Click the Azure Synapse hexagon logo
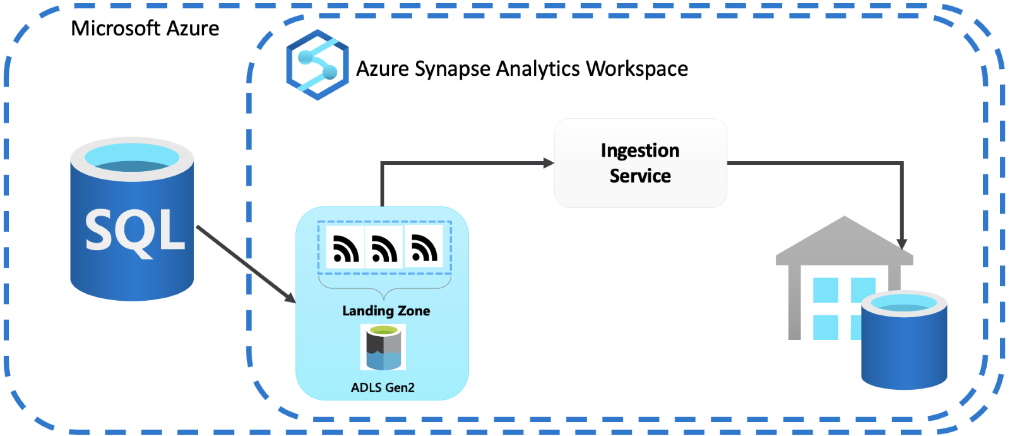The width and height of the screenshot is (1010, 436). pos(317,65)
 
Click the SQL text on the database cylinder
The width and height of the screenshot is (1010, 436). pos(134,231)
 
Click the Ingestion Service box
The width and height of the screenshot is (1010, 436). pos(640,163)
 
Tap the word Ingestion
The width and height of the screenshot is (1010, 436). pos(640,150)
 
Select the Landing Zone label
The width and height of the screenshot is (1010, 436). pos(386,311)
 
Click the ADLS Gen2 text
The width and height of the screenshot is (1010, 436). pos(383,387)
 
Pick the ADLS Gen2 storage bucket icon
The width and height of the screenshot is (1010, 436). pos(383,348)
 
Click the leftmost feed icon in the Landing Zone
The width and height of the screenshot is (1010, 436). pos(345,248)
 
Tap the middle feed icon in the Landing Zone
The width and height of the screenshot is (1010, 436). pos(384,248)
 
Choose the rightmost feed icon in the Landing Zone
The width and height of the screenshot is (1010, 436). pos(424,248)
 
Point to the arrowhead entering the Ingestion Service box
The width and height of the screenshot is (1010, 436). pos(549,163)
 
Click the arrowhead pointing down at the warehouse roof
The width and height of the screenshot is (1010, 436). pos(902,244)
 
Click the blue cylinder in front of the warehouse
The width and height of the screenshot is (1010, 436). pos(904,344)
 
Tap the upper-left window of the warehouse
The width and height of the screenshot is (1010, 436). pos(825,290)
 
